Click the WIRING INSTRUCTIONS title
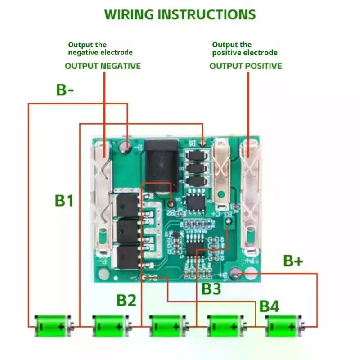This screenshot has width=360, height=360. [180, 14]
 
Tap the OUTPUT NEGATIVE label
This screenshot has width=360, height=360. [103, 66]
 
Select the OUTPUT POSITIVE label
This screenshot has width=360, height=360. [246, 66]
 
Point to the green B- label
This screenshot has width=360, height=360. [65, 90]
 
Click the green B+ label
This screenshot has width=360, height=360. [293, 261]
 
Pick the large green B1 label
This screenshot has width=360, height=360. [64, 200]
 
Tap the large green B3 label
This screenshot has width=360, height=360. [211, 289]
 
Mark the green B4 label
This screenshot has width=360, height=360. [269, 307]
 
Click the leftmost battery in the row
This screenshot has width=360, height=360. [54, 325]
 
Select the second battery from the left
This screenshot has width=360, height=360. [111, 325]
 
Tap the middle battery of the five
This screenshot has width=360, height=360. [168, 325]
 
